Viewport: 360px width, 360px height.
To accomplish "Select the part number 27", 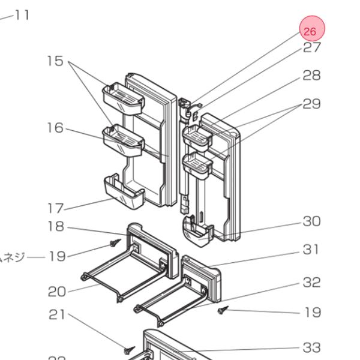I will [x=311, y=48].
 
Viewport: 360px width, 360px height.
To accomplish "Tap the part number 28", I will [x=311, y=76].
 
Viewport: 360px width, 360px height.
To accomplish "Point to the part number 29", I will [x=311, y=104].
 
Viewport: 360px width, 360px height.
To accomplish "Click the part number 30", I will [x=311, y=221].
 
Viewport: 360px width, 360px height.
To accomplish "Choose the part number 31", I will [x=311, y=250].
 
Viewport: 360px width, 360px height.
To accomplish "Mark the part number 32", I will [x=311, y=282].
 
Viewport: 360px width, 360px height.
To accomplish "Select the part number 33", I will [x=311, y=347].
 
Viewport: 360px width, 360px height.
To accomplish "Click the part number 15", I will [x=55, y=61].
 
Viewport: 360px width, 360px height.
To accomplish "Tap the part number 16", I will [x=55, y=128].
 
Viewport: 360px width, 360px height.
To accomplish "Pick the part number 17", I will [x=55, y=209].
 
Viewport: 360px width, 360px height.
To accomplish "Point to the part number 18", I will [x=56, y=227].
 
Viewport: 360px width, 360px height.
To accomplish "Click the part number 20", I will [x=57, y=292].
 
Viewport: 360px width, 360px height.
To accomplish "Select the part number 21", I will [x=57, y=315].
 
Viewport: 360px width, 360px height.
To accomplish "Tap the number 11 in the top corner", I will [x=22, y=15].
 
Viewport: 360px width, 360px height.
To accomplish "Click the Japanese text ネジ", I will [x=12, y=257].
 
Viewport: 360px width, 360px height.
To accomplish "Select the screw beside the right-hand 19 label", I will [x=223, y=310].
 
